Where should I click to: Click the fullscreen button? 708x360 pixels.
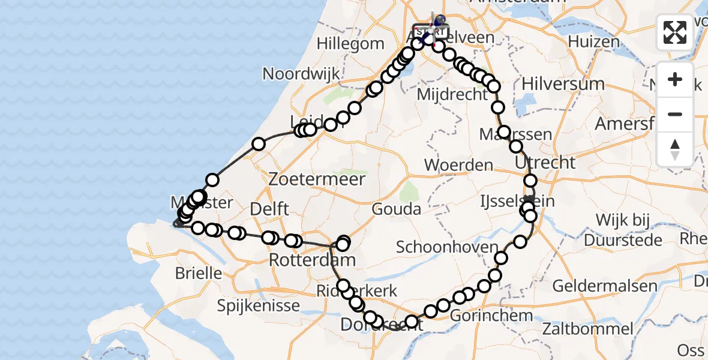pos(675,32)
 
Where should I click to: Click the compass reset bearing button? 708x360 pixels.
pos(675,149)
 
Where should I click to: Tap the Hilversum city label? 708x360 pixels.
pos(563,83)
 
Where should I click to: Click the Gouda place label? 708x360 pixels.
pos(396,209)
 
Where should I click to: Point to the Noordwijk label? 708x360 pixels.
pos(301,74)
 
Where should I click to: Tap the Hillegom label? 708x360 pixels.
pos(350,44)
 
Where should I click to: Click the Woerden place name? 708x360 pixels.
pos(458,164)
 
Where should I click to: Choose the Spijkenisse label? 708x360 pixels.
pos(259,306)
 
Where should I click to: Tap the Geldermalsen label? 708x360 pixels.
pos(605,286)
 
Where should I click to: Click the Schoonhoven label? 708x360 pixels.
pos(447,247)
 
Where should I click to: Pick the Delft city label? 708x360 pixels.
pos(270,209)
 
